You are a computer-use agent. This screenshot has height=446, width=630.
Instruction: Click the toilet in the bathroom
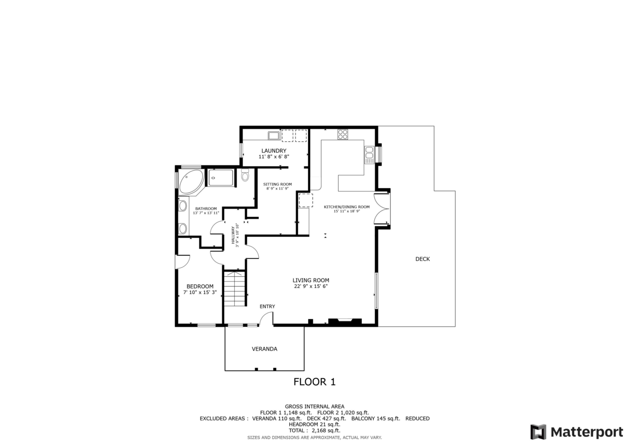point(245,176)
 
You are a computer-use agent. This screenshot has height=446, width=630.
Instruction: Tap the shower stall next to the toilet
point(221,178)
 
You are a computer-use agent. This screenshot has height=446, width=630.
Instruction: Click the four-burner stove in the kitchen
point(343,134)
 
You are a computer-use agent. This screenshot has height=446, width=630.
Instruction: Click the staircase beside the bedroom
point(235,288)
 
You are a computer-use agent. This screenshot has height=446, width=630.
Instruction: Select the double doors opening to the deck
point(382,209)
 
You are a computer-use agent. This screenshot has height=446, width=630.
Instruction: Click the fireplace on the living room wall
point(344,320)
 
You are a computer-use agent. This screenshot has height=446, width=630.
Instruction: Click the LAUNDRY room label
point(274,151)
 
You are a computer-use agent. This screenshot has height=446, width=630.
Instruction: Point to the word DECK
point(422,259)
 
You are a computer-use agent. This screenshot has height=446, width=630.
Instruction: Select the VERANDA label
point(264,349)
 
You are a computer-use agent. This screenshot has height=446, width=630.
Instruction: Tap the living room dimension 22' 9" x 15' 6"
point(310,287)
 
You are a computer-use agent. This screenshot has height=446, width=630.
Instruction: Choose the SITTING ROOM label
point(278,184)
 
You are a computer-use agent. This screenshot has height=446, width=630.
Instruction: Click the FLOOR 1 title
point(314,382)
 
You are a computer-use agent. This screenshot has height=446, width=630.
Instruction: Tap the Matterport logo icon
point(538,432)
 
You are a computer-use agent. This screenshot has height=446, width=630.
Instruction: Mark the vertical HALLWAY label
point(233,235)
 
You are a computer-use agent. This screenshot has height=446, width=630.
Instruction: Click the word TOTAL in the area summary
point(298,430)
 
